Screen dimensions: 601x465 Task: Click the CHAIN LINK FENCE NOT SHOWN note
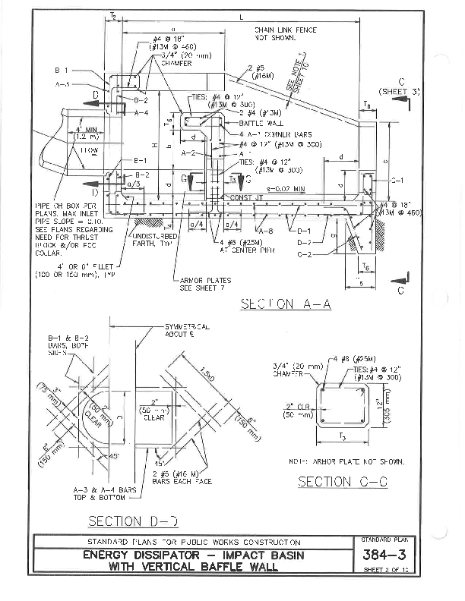285,33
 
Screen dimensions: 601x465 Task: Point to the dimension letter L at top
241,16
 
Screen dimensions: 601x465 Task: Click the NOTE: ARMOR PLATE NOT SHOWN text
346,461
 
